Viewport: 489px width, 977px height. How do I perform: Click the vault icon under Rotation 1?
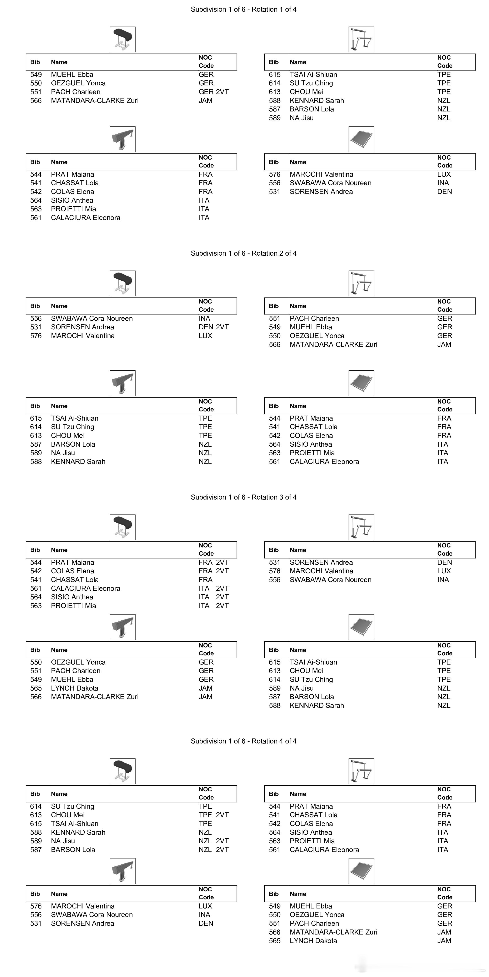click(x=123, y=39)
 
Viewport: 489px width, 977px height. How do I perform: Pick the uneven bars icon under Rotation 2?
click(x=361, y=283)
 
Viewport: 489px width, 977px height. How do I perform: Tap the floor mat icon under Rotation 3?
click(x=361, y=627)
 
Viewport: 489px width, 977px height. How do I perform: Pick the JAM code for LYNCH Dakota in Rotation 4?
click(x=444, y=941)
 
